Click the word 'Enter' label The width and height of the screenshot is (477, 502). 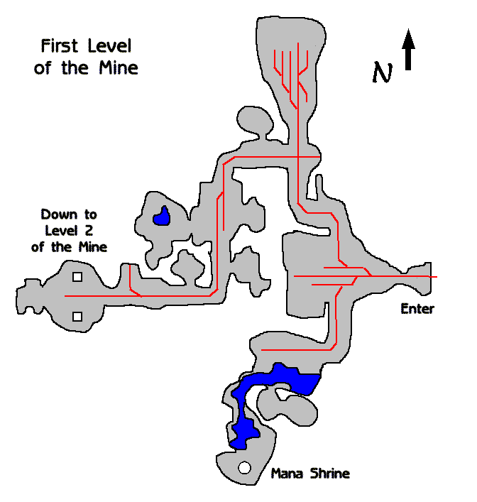point(417,309)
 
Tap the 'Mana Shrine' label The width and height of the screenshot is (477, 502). point(310,474)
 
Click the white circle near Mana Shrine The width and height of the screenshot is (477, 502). point(245,468)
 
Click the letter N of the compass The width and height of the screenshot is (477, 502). point(383,72)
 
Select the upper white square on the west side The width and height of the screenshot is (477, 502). point(77,278)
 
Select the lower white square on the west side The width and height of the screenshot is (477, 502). point(77,316)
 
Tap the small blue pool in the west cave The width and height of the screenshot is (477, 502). point(163,216)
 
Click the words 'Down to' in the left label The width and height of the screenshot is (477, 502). point(69,214)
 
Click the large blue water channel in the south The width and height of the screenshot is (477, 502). point(277,383)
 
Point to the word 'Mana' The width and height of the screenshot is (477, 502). point(287,474)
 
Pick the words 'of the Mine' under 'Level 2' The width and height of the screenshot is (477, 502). point(69,247)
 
